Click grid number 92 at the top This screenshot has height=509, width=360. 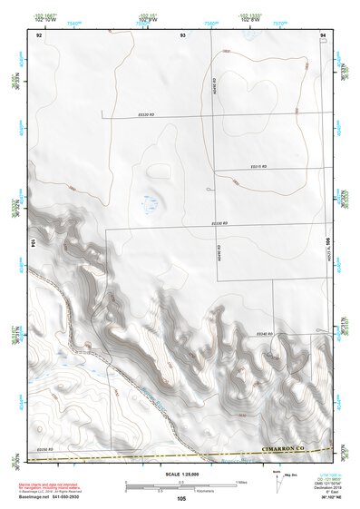click(x=39, y=34)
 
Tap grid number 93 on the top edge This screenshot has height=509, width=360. click(x=182, y=34)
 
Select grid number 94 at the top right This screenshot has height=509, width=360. click(x=323, y=34)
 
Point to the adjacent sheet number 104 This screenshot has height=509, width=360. click(x=34, y=242)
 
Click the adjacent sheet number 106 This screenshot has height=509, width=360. click(x=328, y=242)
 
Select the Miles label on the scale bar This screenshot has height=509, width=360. click(x=240, y=481)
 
